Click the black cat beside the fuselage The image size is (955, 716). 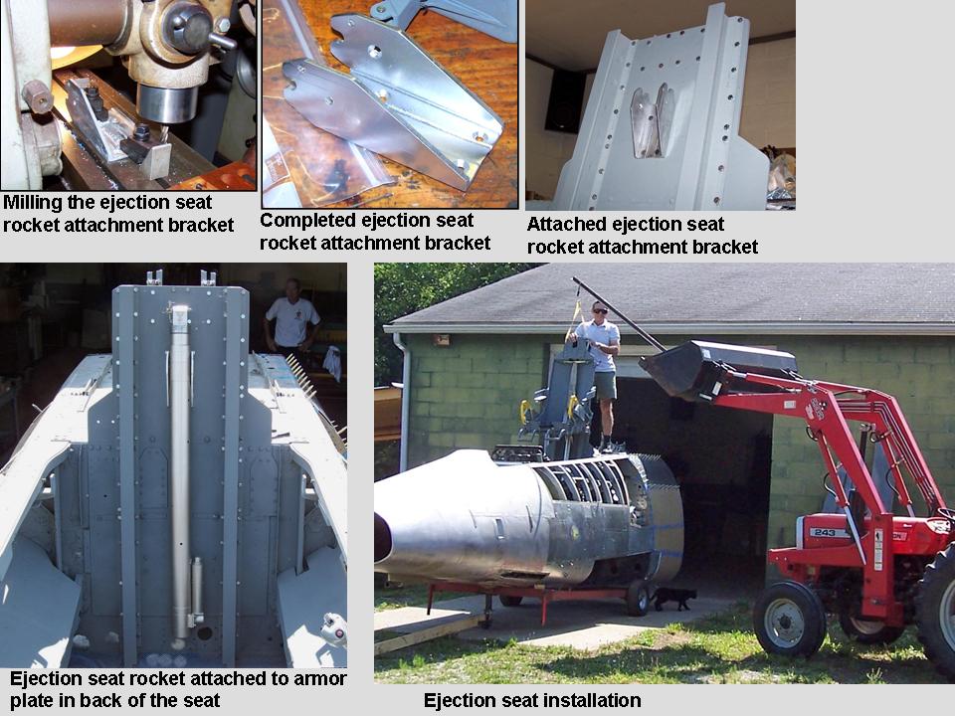click(673, 598)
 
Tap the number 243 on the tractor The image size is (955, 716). click(824, 533)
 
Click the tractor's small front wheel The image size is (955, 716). click(789, 620)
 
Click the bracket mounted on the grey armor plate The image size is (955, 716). click(653, 120)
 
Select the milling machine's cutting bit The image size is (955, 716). click(163, 134)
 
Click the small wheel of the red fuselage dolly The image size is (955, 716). click(638, 598)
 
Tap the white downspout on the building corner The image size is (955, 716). click(405, 402)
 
